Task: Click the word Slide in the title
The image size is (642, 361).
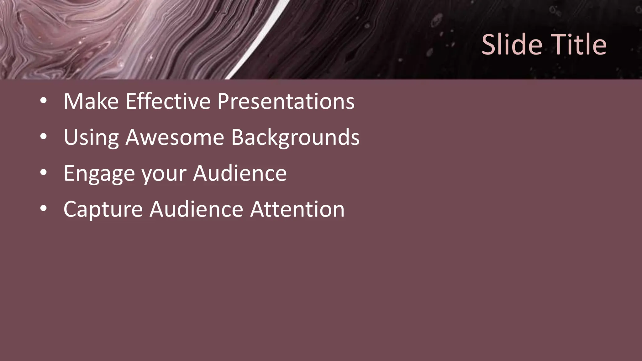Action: (512, 44)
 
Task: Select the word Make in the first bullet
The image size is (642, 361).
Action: (91, 101)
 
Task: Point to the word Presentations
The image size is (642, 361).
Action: (286, 101)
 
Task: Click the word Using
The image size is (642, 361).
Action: (91, 137)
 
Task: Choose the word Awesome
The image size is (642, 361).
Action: (175, 137)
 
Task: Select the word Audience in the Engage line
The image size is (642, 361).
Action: (239, 173)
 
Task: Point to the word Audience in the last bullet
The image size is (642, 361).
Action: (196, 209)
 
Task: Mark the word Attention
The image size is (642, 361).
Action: (297, 209)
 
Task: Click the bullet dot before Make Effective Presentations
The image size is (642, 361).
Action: (44, 101)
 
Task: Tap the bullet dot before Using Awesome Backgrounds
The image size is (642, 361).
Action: (44, 137)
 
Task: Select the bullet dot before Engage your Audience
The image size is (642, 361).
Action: (44, 173)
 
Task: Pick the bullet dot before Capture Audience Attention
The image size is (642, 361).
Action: (44, 209)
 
